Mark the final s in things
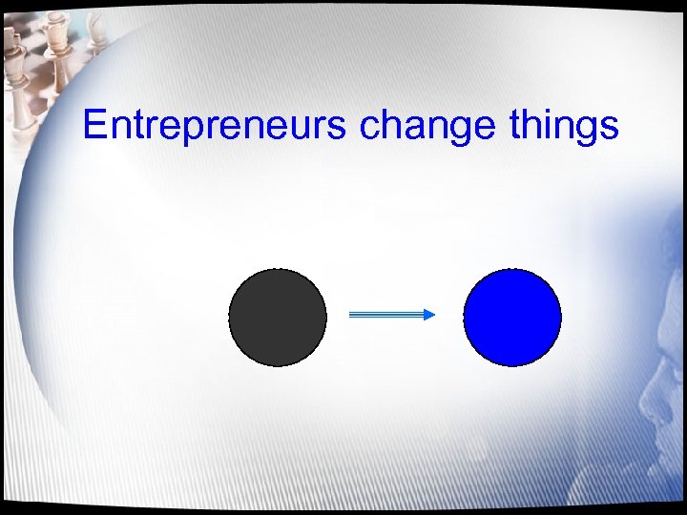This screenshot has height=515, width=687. (610, 128)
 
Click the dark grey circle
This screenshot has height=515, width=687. (278, 318)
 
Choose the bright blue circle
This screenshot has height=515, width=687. (512, 318)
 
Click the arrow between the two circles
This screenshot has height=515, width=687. (391, 315)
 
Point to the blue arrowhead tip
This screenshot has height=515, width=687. (434, 315)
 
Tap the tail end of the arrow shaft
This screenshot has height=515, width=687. (351, 315)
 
